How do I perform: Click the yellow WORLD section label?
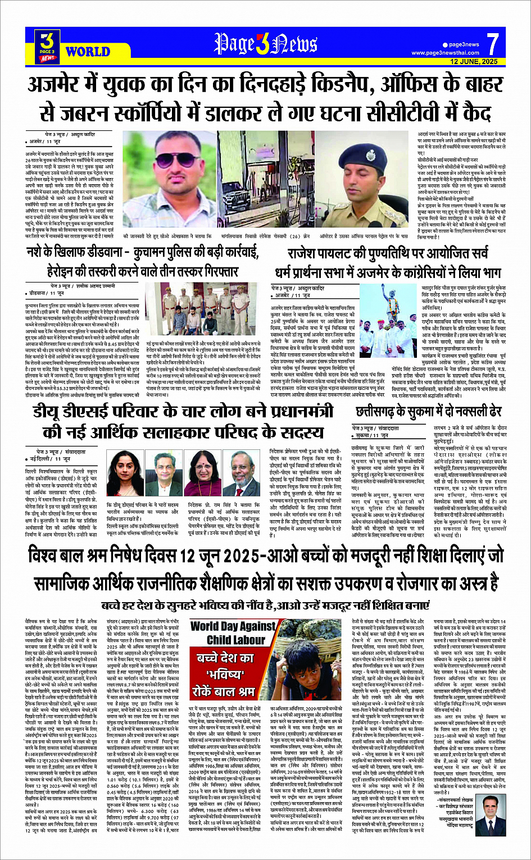click(88, 52)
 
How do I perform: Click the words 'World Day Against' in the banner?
click(233, 626)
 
